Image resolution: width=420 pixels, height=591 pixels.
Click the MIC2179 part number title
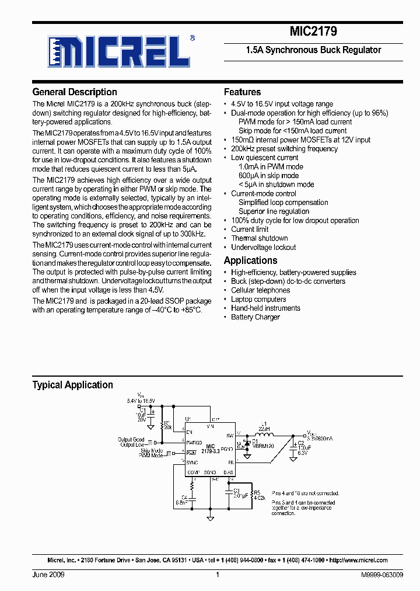click(313, 32)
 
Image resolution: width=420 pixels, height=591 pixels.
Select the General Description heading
click(75, 92)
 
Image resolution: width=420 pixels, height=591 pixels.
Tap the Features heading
click(242, 92)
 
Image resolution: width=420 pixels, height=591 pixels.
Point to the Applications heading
click(250, 260)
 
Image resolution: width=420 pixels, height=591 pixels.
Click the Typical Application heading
click(72, 385)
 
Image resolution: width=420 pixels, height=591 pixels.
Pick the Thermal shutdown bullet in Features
click(259, 238)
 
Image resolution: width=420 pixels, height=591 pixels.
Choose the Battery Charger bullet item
click(255, 317)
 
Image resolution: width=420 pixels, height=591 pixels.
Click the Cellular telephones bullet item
click(260, 290)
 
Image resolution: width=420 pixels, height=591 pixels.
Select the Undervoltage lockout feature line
click(263, 247)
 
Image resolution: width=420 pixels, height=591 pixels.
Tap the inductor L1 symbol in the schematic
click(265, 435)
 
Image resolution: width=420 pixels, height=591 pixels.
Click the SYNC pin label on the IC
click(193, 462)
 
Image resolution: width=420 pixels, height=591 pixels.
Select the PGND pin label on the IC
click(228, 448)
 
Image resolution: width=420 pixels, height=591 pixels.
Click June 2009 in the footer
click(48, 575)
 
